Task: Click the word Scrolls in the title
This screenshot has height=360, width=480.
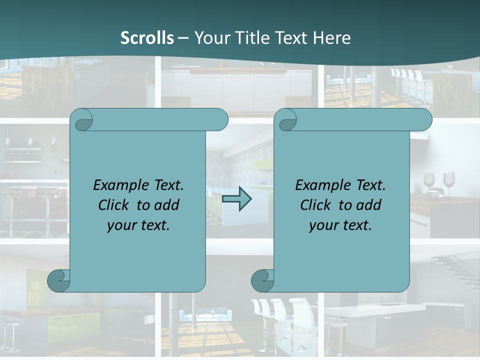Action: [x=147, y=38]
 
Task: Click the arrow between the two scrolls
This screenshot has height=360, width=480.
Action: [x=236, y=199]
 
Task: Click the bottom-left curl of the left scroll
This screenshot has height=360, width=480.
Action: [x=58, y=280]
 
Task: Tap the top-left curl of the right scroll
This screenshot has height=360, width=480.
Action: [x=286, y=120]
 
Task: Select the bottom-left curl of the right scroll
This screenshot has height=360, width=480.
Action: [x=262, y=280]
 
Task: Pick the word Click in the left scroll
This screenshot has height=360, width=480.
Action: [x=109, y=205]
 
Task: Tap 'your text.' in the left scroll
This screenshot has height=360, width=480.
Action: [x=138, y=225]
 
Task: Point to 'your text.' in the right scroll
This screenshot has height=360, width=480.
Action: [x=340, y=225]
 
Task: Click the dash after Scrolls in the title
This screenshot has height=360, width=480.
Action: [x=183, y=38]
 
